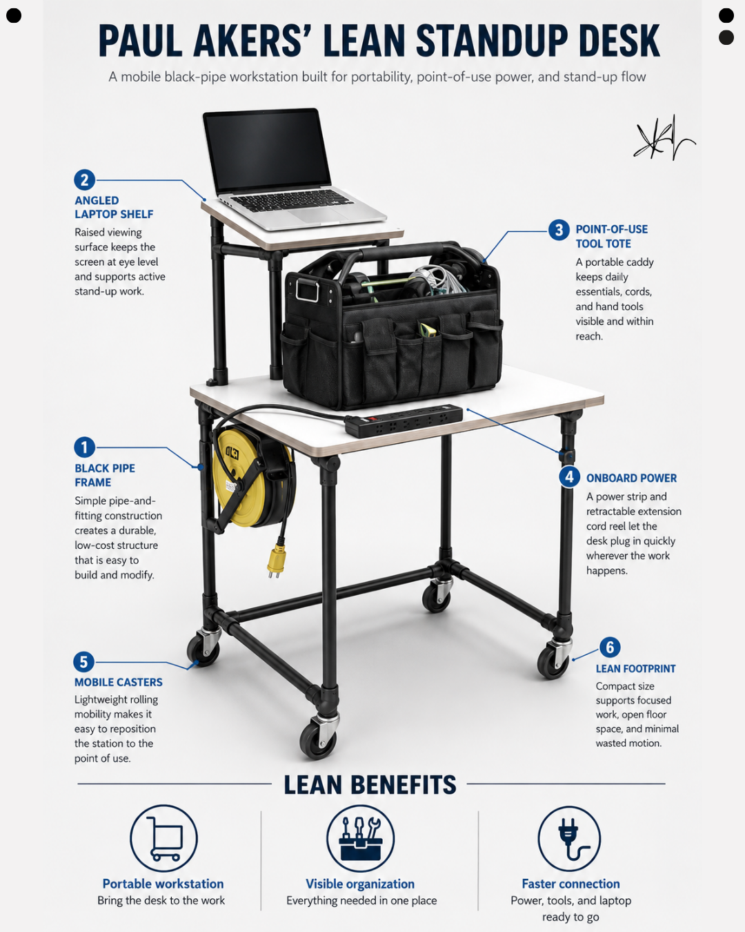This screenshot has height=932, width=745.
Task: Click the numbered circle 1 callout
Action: click(84, 447)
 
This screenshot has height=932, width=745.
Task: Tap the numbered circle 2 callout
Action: click(84, 179)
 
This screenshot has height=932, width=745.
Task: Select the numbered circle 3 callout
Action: click(559, 230)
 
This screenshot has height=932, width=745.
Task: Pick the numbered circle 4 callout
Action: click(569, 477)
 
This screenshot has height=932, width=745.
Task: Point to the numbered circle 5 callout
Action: click(84, 662)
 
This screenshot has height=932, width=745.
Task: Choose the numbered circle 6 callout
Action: click(610, 647)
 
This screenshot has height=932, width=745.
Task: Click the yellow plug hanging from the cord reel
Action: click(276, 561)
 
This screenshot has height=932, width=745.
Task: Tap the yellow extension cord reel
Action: click(253, 476)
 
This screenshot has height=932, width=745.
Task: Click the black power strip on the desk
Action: click(404, 420)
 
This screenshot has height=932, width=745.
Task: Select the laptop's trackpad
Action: click(308, 215)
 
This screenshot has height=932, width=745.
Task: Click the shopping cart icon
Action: click(165, 838)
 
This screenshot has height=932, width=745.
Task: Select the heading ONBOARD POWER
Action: click(631, 478)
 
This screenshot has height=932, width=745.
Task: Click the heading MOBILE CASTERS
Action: click(118, 682)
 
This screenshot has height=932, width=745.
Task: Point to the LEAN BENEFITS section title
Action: click(370, 784)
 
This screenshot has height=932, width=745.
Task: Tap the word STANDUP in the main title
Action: click(492, 41)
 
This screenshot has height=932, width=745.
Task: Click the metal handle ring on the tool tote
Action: click(308, 289)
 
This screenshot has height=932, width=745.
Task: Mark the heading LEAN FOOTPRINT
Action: click(635, 669)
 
